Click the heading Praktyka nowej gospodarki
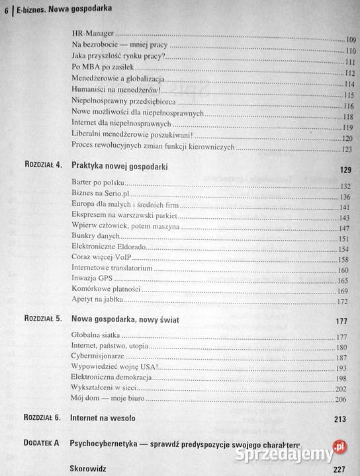point(119,169)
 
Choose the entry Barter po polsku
point(98,185)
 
